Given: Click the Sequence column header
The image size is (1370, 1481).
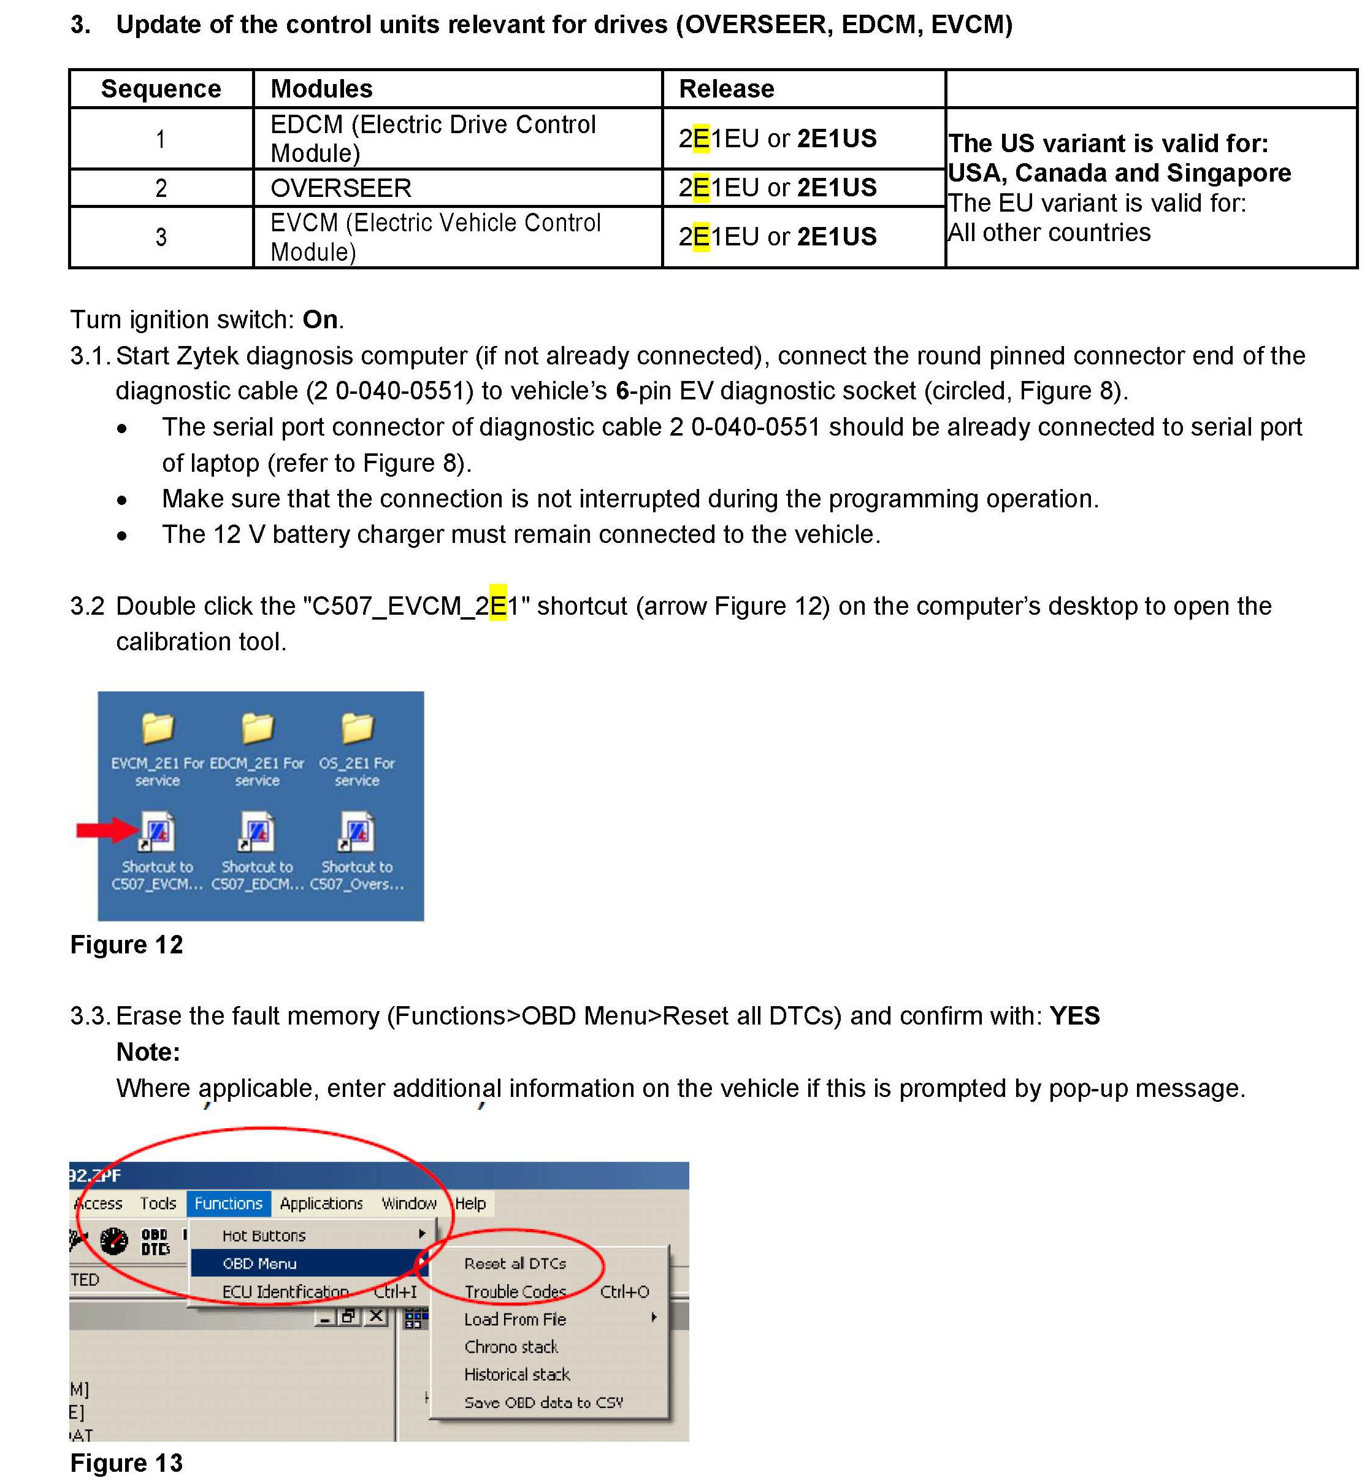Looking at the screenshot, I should point(161,89).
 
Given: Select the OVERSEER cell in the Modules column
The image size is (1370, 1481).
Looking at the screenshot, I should point(340,188).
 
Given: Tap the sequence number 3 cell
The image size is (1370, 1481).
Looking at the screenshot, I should point(161,237).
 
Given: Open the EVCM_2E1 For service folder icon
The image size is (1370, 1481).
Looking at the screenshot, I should point(157,729).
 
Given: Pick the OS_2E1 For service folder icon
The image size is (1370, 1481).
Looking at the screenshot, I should point(356,729).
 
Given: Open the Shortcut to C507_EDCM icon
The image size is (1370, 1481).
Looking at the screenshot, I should point(257,832).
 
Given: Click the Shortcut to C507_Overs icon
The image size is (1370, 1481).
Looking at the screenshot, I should point(356,832).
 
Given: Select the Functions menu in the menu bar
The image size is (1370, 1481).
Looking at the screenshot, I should point(228,1203).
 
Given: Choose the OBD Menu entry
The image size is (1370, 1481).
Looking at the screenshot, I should point(259,1263).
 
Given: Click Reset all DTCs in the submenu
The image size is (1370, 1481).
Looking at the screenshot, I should point(515,1263).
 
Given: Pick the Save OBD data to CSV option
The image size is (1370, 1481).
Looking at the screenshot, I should point(543,1402).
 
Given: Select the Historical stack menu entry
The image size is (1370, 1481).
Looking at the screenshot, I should point(517,1374).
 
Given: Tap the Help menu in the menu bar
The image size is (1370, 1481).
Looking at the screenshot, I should point(470,1203).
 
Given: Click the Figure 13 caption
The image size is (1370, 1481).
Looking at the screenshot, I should point(126,1463).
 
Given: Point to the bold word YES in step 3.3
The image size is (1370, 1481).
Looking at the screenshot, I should point(1074,1015).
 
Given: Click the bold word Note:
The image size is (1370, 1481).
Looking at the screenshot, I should point(148,1052).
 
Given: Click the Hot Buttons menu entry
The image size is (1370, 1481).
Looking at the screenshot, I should point(264,1236).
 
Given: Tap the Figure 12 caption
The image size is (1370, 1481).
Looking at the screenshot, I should point(126,945).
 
